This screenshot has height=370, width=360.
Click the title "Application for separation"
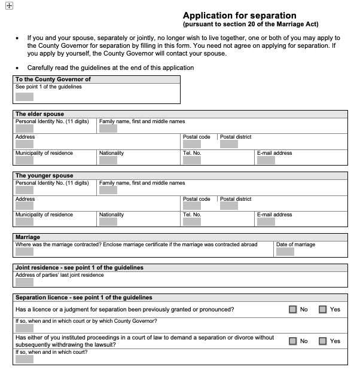(x=239, y=16)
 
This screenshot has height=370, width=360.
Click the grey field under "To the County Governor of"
(x=25, y=97)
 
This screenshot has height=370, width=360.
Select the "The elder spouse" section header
(x=39, y=114)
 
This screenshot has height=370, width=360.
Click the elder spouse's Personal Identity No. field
(x=25, y=128)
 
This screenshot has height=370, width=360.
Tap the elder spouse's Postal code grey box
(x=192, y=144)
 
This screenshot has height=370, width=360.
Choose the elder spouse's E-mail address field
(x=266, y=160)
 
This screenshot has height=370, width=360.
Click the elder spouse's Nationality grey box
(x=108, y=160)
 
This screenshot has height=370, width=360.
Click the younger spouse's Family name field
(x=108, y=190)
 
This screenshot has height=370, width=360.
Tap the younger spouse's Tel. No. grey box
(x=192, y=222)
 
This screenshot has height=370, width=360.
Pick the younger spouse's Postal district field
(x=229, y=206)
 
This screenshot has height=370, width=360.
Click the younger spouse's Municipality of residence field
(x=25, y=222)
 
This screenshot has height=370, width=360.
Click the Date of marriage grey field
(x=285, y=252)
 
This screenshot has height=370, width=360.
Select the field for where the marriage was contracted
(x=25, y=252)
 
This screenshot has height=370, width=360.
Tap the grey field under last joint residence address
(x=25, y=282)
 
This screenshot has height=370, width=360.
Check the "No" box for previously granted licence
(x=292, y=310)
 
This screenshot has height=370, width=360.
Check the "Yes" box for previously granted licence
(x=322, y=310)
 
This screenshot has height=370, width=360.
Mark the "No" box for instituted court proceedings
(x=292, y=341)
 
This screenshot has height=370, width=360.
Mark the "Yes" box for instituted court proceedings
(x=322, y=341)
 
